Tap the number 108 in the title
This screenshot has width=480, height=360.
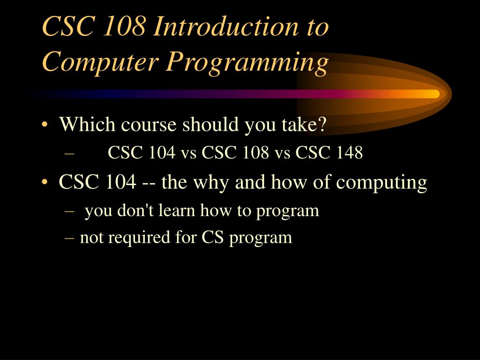coord(124,27)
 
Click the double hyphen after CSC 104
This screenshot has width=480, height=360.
coord(149,182)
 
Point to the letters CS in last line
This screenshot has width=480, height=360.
coord(213,238)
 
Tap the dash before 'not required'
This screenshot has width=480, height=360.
coord(71,238)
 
